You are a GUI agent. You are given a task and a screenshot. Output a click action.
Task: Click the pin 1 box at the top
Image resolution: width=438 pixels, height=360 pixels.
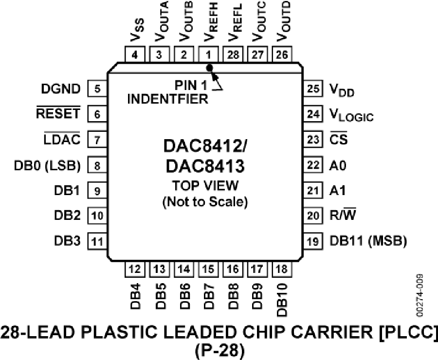point(209,55)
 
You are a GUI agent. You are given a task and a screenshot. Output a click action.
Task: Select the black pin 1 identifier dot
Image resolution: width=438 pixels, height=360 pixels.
point(210,67)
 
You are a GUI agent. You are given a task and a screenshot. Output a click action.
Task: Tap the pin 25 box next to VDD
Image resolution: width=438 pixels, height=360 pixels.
point(313,89)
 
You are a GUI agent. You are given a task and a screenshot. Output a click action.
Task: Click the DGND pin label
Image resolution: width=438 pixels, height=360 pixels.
point(61,89)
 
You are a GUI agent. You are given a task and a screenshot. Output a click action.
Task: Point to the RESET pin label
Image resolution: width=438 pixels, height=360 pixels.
point(58,114)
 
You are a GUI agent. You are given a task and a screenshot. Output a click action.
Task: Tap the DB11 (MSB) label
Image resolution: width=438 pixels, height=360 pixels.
point(368,240)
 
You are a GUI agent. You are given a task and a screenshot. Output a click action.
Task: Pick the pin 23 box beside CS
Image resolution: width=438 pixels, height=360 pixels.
point(313,140)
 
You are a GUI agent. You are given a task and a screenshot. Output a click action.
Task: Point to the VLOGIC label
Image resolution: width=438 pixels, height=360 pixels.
point(352,115)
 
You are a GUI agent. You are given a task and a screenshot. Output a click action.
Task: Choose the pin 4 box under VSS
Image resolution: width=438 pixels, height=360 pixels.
point(135,55)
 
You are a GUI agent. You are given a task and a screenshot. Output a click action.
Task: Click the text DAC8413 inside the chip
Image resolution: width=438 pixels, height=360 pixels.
point(204,167)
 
